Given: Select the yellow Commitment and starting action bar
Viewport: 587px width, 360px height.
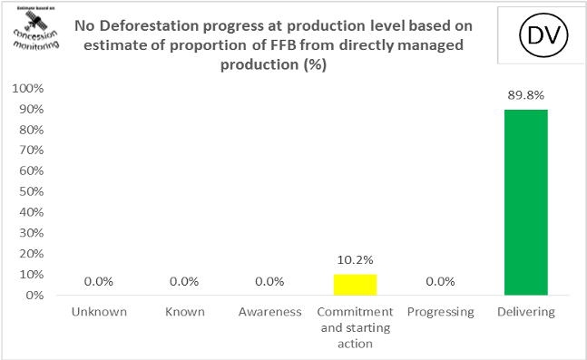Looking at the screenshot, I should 355,284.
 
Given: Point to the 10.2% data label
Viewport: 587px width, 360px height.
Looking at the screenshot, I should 355,260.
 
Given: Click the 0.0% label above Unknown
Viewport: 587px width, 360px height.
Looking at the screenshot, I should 98,281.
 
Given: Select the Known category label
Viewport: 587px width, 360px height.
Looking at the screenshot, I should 184,312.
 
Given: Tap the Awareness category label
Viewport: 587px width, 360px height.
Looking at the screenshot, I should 269,312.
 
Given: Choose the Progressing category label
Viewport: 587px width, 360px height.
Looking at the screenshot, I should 439,312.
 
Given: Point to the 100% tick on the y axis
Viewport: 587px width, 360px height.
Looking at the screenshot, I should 26,89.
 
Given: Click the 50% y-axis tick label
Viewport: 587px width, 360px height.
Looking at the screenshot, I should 29,191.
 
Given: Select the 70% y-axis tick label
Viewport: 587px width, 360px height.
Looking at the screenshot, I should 29,151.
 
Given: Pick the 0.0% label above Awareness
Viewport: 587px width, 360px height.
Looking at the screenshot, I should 269,281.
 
